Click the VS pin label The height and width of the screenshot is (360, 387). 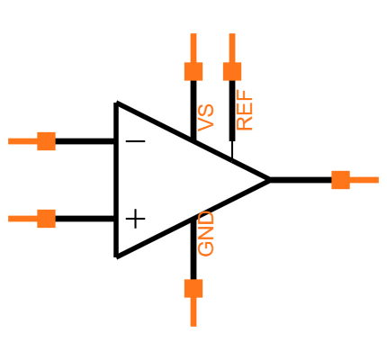coord(206,118)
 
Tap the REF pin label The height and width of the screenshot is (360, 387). coord(245,111)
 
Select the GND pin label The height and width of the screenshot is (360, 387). coord(206,234)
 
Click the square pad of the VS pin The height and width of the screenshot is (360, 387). coord(193,71)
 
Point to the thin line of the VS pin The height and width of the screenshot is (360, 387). coord(193,47)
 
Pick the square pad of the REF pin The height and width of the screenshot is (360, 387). coord(232,71)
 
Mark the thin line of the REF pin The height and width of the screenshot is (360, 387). coord(232,47)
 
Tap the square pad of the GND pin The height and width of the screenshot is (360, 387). coord(193,288)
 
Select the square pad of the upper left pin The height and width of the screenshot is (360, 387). coord(46,141)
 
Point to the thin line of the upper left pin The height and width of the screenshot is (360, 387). coord(22,141)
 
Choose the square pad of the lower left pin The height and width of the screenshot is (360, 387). coord(46,219)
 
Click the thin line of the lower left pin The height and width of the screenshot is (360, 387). coord(22,219)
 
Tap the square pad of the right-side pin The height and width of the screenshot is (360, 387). coord(340,180)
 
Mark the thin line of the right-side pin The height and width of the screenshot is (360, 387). coord(364,180)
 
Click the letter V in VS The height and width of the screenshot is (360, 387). coord(206,124)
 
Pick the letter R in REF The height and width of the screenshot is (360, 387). coord(245,123)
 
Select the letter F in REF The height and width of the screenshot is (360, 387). coord(245,97)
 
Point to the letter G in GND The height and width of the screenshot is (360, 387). coord(206,248)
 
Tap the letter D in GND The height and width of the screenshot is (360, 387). coord(206,219)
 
